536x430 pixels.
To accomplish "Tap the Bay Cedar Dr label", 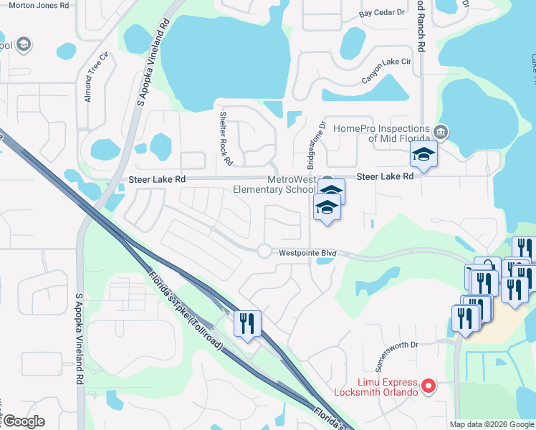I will pos(382,14).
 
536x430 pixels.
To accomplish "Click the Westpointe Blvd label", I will pos(307,253).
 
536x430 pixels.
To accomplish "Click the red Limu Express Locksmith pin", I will pos(429,386).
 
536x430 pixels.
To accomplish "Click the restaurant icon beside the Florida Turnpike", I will pos(247,323).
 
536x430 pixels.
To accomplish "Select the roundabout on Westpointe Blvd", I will pos(264,251).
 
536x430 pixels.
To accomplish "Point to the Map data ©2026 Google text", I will pos(492,424).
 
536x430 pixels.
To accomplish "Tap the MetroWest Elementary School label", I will pos(274,185).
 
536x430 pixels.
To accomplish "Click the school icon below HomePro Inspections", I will pos(423,154).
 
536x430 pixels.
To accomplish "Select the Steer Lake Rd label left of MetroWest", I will pos(157,179).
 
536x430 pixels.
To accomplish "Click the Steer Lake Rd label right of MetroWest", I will pos(385,176).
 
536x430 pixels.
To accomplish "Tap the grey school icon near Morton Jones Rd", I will pos(24,44).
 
